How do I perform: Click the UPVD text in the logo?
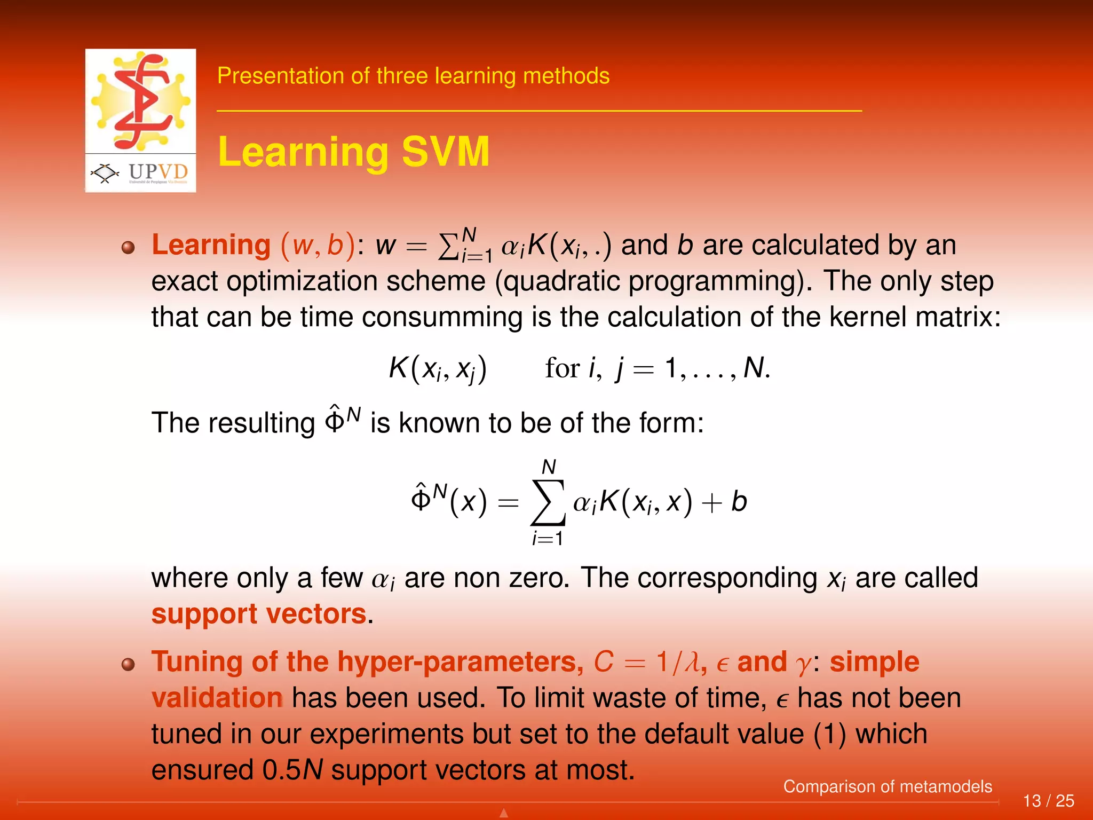(158, 172)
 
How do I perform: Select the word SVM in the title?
(445, 152)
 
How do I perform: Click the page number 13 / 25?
(1048, 801)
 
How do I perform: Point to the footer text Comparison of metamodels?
(887, 786)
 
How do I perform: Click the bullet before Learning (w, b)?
(128, 247)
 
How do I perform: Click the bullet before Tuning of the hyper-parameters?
(128, 664)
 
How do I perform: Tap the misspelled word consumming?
(444, 317)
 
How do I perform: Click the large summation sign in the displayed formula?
(548, 503)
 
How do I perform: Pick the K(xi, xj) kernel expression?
(438, 368)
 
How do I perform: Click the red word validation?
(217, 698)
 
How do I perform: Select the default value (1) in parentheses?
(830, 735)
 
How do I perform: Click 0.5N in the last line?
(292, 770)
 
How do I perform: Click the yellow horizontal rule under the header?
(539, 111)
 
